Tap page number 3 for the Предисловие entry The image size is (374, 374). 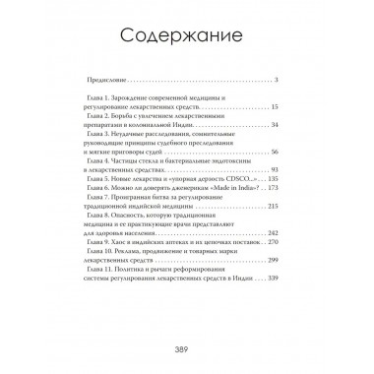[279, 80]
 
